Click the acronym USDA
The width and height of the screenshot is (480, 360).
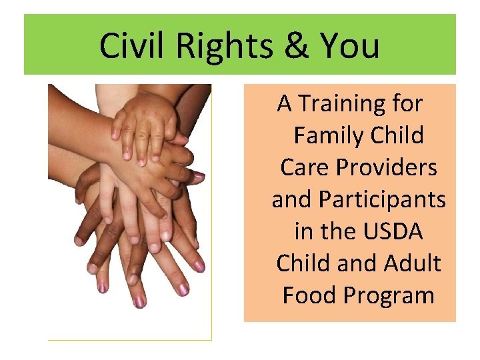pyautogui.click(x=393, y=231)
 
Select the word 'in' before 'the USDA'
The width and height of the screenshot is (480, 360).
pyautogui.click(x=303, y=231)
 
